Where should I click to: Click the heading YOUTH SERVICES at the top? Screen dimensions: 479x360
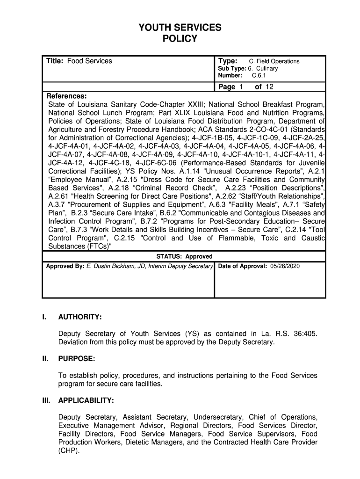[x=180, y=28]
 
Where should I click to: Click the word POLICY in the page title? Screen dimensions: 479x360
[x=180, y=39]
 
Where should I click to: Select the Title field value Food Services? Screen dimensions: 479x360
[x=90, y=61]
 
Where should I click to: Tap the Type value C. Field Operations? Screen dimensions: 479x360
[x=274, y=61]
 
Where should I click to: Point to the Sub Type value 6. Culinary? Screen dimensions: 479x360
[x=263, y=68]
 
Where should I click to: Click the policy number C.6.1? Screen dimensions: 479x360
[x=259, y=75]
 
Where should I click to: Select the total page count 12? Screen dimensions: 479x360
[x=270, y=87]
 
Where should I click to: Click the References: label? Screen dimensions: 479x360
[x=66, y=96]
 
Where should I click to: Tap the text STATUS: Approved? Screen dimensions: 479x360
[x=184, y=256]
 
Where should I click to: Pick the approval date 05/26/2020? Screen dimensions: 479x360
[x=284, y=266]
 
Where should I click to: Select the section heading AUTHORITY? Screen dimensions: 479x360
[x=80, y=318]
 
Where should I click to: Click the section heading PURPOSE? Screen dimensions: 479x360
[x=77, y=359]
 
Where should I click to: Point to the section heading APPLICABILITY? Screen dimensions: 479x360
[x=86, y=400]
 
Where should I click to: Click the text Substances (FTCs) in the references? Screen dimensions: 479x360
[x=80, y=247]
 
